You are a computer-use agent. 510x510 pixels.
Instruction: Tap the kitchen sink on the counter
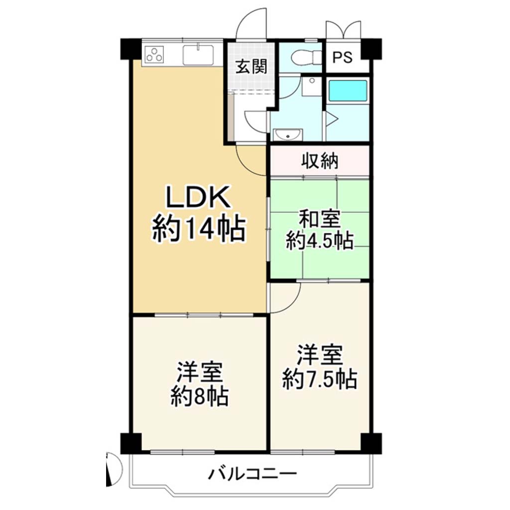pos(198,55)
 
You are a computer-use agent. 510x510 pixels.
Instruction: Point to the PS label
pos(343,57)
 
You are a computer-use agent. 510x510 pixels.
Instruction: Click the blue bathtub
pos(348,90)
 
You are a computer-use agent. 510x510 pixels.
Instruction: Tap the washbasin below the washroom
pos(288,134)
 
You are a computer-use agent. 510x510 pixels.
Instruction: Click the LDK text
pos(198,197)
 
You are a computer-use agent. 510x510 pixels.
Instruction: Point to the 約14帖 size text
pos(199,229)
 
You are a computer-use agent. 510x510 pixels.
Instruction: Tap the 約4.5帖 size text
pos(320,241)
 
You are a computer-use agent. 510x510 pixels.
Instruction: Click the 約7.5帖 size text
pos(320,379)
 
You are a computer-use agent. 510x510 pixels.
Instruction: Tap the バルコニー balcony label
pos(253,474)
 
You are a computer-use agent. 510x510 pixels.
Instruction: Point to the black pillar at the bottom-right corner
pos(371,444)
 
